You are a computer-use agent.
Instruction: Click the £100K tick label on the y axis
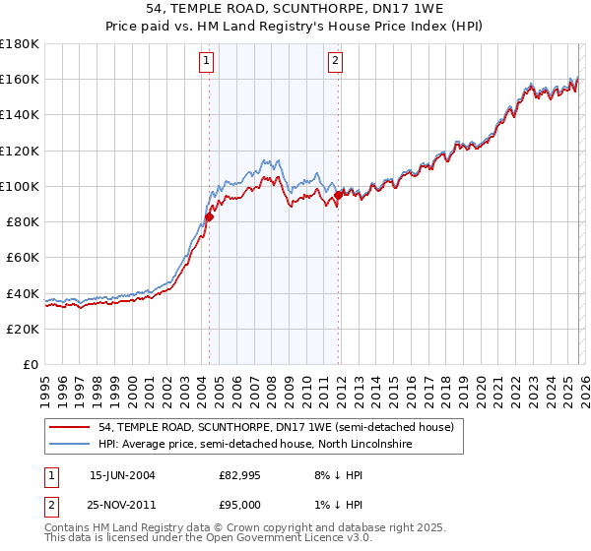click(20, 186)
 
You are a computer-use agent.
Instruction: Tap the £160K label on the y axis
click(20, 79)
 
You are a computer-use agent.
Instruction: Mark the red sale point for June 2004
click(209, 216)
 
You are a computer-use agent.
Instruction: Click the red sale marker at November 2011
click(338, 195)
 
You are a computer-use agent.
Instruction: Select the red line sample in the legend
click(71, 428)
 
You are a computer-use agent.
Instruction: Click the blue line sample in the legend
click(71, 446)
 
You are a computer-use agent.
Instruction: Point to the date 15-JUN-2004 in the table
click(122, 475)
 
